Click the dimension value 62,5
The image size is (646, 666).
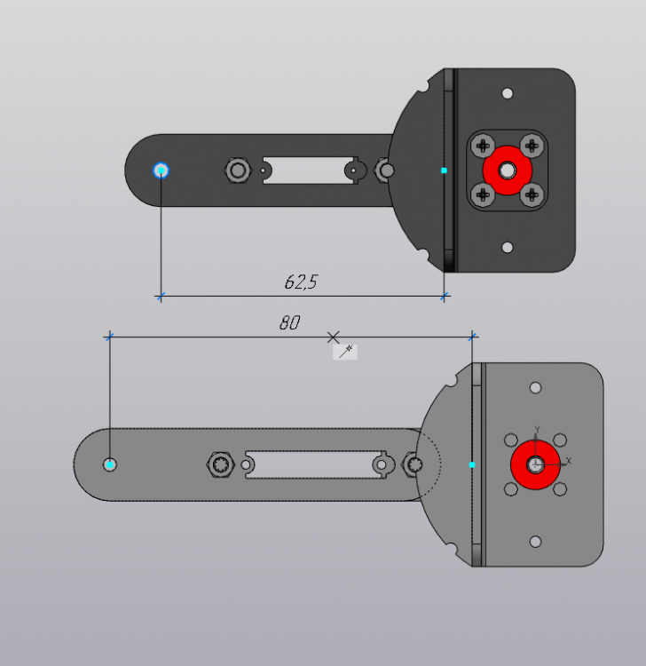point(301,282)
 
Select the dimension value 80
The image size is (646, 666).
point(289,323)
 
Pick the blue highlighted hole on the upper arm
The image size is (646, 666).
point(161,170)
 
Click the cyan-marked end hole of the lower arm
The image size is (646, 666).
point(109,464)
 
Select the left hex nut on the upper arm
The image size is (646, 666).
point(237,170)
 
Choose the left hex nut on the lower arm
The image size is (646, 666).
point(220,464)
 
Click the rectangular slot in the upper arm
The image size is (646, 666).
point(306,170)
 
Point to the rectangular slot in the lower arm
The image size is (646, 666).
point(311,464)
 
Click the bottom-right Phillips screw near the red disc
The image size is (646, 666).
point(531,194)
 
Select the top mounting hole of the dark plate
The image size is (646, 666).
point(508,93)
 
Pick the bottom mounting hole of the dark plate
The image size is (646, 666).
point(508,248)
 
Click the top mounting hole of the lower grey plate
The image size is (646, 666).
point(535,388)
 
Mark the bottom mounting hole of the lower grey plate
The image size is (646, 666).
point(535,542)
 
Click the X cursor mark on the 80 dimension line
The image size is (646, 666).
point(333,337)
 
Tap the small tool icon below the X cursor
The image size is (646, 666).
point(345,352)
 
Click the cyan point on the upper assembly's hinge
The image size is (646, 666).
point(444,170)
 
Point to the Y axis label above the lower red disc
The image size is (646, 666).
point(537,430)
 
